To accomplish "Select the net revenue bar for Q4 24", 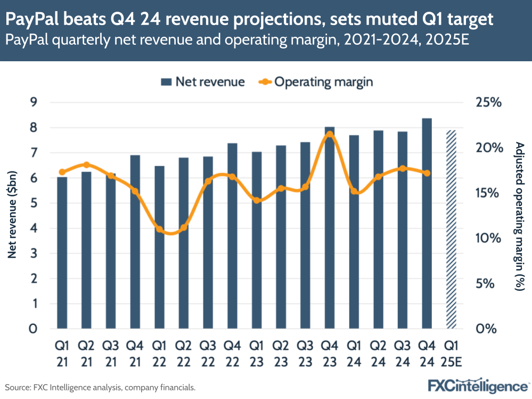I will pos(427,224).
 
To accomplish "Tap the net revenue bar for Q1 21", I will pos(62,253).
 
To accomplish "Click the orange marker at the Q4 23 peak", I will pos(329,134).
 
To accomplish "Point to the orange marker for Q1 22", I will pos(159,230).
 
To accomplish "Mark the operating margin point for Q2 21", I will pos(87,165).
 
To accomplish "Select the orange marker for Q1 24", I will pos(354,191).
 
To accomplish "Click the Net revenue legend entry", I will pos(203,82).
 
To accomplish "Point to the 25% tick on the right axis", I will pos(489,102).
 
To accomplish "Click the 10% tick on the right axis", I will pos(489,238).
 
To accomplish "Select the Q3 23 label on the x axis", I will pos(305,353).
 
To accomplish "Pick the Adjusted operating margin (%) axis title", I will pos(520,215).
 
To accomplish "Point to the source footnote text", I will pos(100,387).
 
